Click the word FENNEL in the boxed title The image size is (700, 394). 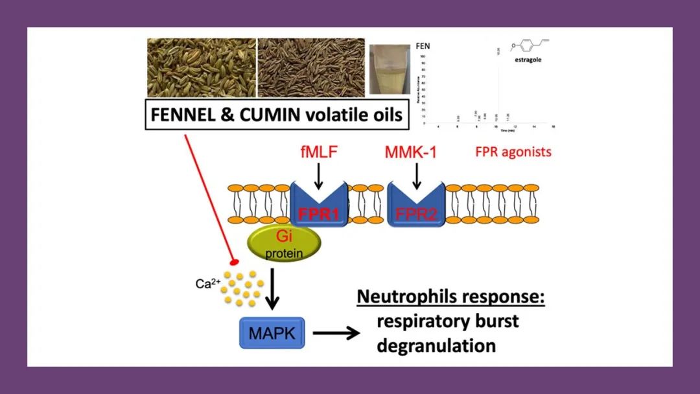pos(183,115)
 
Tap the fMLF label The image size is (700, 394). pos(318,153)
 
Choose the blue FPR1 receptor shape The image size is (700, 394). pos(318,204)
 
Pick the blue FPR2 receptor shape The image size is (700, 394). pos(415,204)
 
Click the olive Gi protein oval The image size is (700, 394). pos(283,244)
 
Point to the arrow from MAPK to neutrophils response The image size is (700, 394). pos(336,334)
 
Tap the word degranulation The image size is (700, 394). pos(436,345)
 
